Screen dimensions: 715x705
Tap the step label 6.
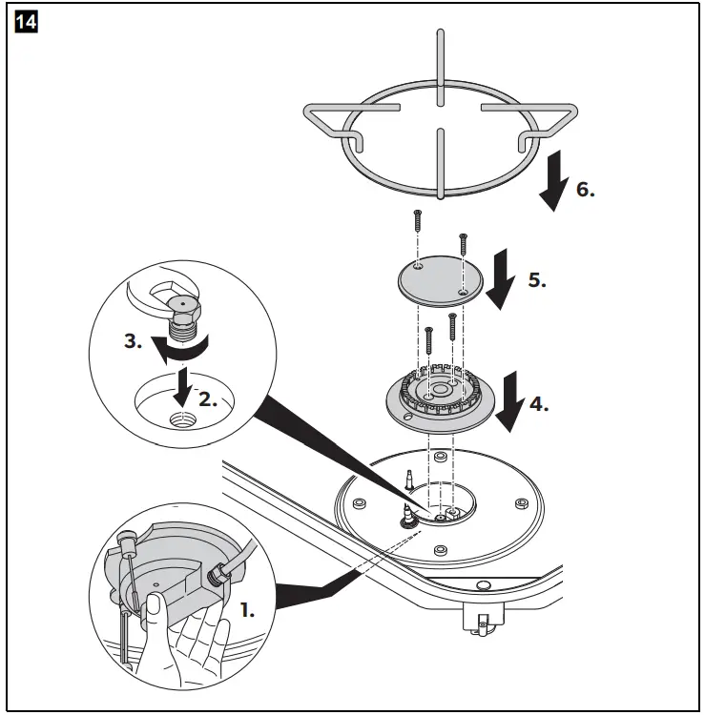pyautogui.click(x=585, y=189)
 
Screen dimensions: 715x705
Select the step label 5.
pyautogui.click(x=536, y=281)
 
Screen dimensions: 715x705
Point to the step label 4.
pyautogui.click(x=539, y=403)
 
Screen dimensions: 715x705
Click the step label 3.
pyautogui.click(x=135, y=341)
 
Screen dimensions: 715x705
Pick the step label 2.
pyautogui.click(x=208, y=400)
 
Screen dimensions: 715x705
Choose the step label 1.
pyautogui.click(x=246, y=610)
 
